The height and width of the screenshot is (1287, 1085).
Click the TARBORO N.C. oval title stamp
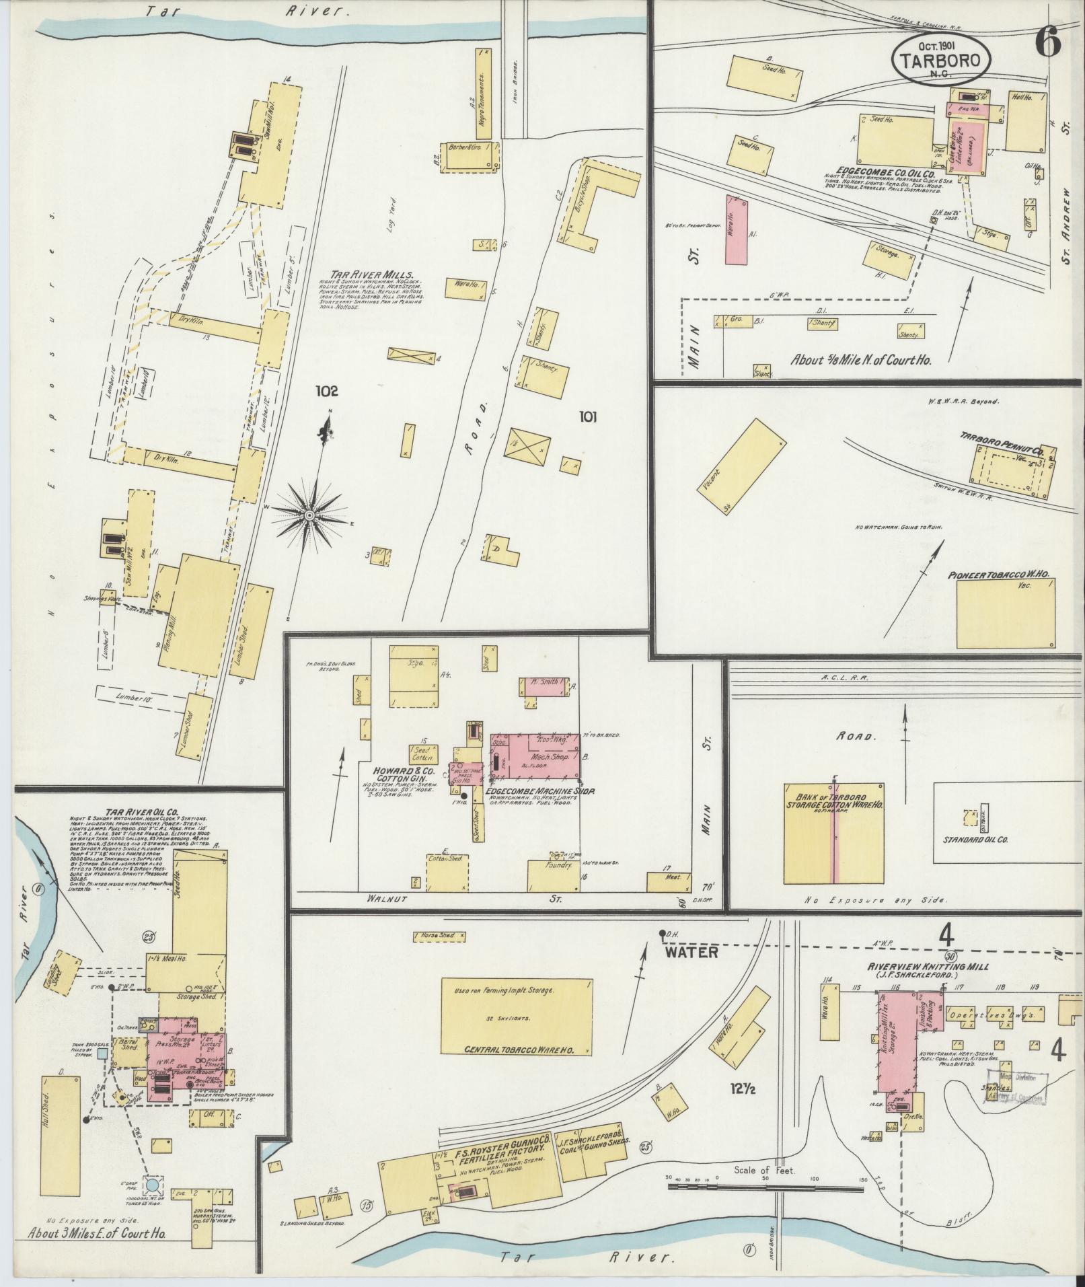tap(941, 60)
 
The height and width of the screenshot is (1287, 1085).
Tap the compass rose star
tap(309, 515)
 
